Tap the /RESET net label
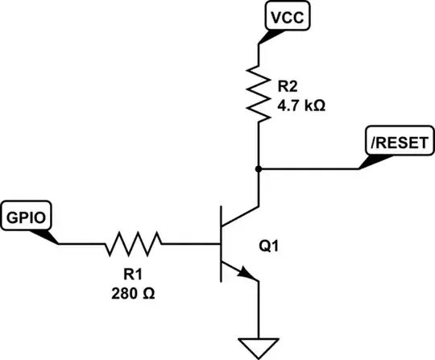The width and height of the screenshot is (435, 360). (x=392, y=143)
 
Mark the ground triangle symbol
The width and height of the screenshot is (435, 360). (x=259, y=346)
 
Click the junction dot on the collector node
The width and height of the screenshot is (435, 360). (x=259, y=169)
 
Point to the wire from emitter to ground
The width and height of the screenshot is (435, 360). (x=259, y=310)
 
